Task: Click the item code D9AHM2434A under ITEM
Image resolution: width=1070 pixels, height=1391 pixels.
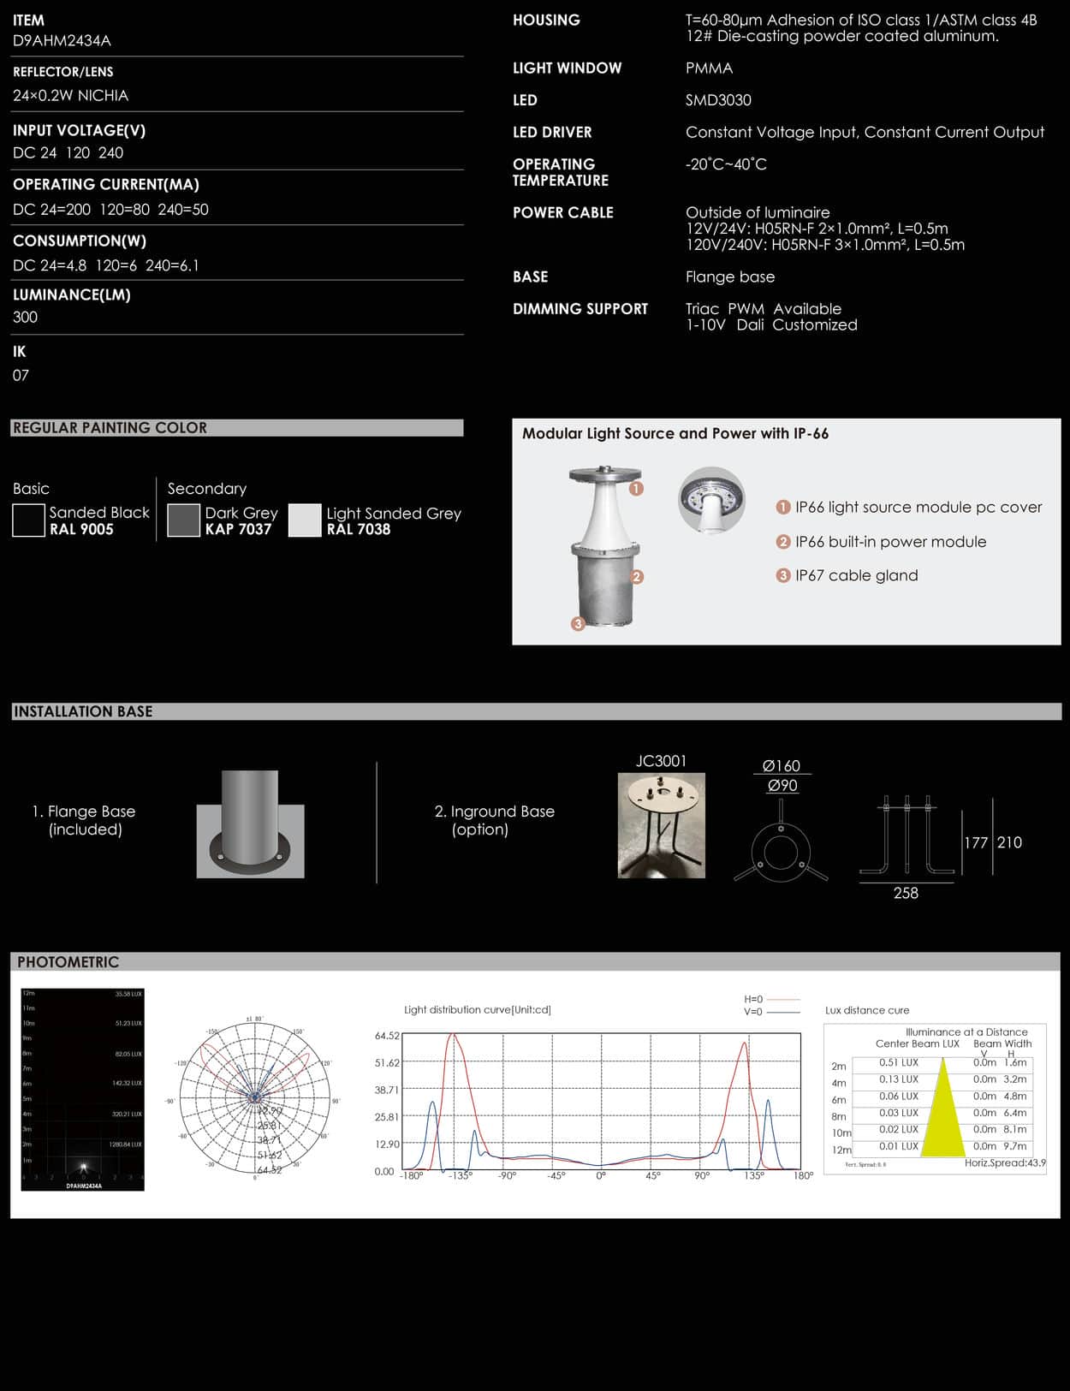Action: [62, 40]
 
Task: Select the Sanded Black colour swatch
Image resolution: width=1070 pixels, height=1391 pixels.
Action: [28, 520]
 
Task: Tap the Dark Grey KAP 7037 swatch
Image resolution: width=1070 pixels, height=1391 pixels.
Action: [183, 520]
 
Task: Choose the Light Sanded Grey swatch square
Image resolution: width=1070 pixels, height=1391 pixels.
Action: [305, 520]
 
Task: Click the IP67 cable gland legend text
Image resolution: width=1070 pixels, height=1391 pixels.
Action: [856, 575]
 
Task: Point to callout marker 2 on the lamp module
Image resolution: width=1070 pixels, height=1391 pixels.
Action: [636, 577]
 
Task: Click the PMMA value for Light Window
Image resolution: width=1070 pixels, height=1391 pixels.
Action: [709, 68]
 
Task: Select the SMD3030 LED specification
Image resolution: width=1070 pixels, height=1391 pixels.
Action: [718, 100]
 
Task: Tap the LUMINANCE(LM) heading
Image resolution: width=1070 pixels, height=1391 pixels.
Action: [72, 294]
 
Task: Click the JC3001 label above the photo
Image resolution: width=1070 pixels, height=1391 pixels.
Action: [661, 761]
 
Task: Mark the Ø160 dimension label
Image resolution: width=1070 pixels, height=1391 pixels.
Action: [781, 766]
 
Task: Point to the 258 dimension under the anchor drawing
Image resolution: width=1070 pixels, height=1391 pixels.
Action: [906, 893]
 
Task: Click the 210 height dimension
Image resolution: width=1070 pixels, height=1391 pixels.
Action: [1009, 842]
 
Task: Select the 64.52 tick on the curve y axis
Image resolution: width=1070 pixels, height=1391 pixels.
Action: [387, 1036]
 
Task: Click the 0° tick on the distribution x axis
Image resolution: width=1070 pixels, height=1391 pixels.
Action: [601, 1176]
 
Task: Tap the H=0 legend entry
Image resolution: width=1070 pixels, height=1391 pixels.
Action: [753, 999]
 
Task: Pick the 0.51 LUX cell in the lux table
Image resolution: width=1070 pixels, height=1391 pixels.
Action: [898, 1062]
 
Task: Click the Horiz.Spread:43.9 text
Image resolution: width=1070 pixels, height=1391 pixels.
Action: [1005, 1162]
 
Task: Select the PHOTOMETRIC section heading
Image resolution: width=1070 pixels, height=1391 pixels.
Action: [68, 962]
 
